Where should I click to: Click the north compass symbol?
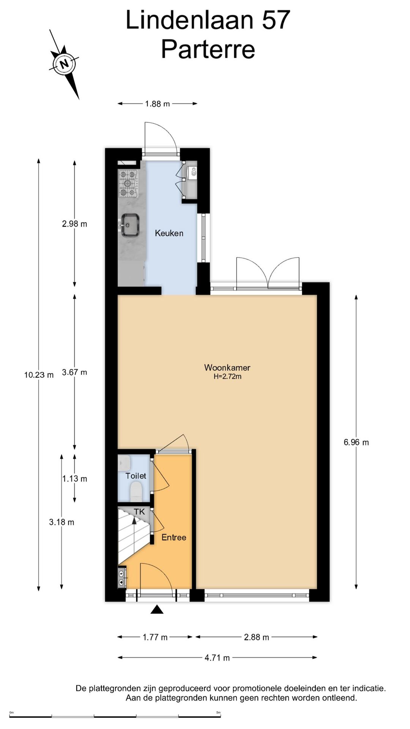point(64,64)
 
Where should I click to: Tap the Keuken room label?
point(169,233)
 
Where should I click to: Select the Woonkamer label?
point(227,368)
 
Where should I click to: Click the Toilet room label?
point(136,476)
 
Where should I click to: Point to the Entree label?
point(174,537)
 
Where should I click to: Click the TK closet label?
point(139,512)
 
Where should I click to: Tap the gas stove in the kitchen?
point(128,183)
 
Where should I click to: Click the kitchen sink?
point(130,225)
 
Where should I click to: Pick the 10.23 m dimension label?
point(39,375)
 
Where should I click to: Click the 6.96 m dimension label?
point(356,442)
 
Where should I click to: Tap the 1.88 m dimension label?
point(157,104)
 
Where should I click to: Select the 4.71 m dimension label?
point(217,658)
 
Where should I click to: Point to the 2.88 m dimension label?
point(256,637)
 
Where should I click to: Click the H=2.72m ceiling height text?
point(227,377)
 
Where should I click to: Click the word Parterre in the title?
point(208,49)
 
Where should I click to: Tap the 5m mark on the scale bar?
point(218,713)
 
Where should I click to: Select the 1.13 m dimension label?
point(75,479)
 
